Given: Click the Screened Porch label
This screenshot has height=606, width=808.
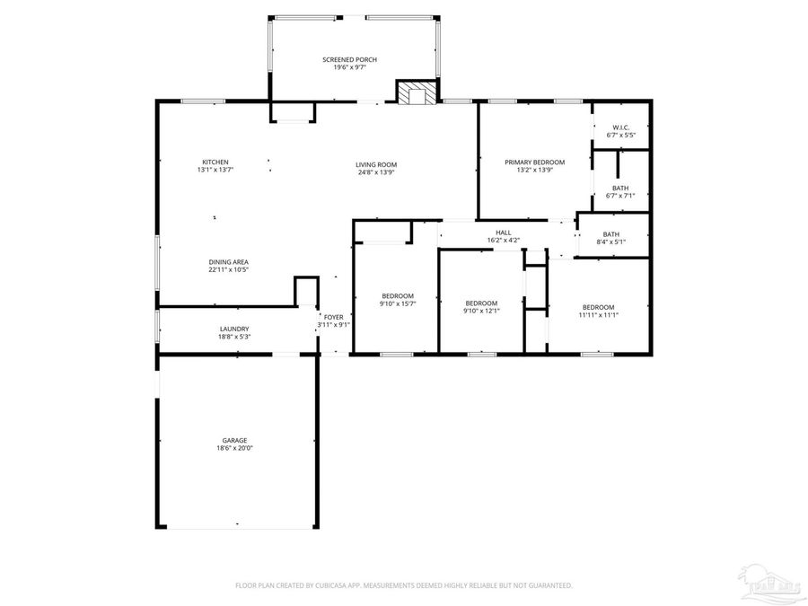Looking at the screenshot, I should pyautogui.click(x=350, y=59).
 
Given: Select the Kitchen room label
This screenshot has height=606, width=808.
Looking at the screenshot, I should pyautogui.click(x=215, y=162).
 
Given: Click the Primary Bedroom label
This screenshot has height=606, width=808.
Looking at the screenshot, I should pyautogui.click(x=534, y=162).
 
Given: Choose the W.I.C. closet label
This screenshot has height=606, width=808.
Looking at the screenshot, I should pyautogui.click(x=621, y=127).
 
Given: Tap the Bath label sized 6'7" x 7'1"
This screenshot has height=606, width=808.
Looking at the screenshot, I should pyautogui.click(x=621, y=188).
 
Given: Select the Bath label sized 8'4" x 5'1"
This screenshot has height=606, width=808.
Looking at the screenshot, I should pyautogui.click(x=610, y=234).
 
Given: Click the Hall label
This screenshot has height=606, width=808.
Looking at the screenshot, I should pyautogui.click(x=504, y=233).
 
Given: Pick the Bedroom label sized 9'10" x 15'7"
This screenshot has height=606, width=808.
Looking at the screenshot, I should pyautogui.click(x=397, y=296).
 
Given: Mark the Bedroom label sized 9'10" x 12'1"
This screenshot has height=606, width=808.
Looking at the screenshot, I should pyautogui.click(x=481, y=303).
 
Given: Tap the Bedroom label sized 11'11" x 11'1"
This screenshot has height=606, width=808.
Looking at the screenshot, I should pyautogui.click(x=598, y=307).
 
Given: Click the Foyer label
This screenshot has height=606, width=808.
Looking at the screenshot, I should pyautogui.click(x=333, y=317).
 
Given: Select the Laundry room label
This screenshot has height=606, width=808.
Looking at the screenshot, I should pyautogui.click(x=234, y=329).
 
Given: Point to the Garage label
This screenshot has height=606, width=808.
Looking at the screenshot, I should pyautogui.click(x=234, y=440).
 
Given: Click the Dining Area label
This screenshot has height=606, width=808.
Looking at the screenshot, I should pyautogui.click(x=229, y=261).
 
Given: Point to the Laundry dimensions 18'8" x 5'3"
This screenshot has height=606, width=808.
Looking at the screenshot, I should pyautogui.click(x=234, y=337).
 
